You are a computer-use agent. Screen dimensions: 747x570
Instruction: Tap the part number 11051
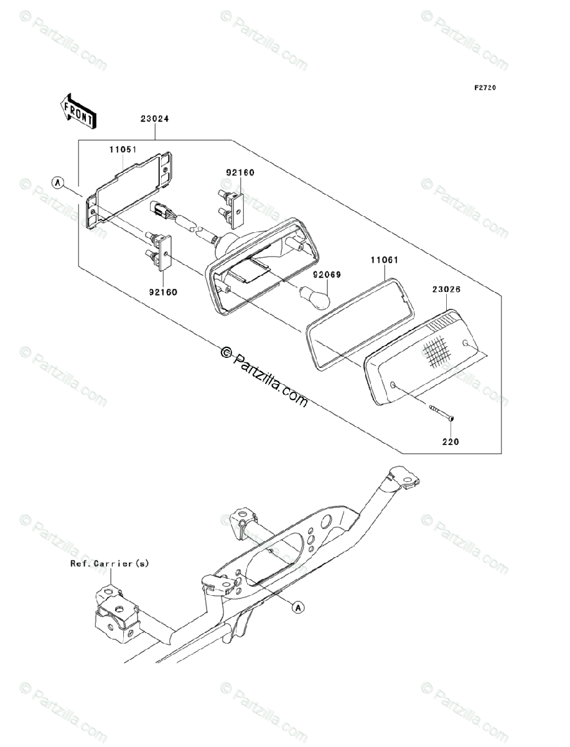[123, 150]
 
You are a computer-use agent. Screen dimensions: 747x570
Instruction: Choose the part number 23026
[447, 289]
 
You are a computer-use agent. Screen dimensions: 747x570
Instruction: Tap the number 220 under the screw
[450, 442]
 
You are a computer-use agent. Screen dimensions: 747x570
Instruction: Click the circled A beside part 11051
[58, 183]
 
